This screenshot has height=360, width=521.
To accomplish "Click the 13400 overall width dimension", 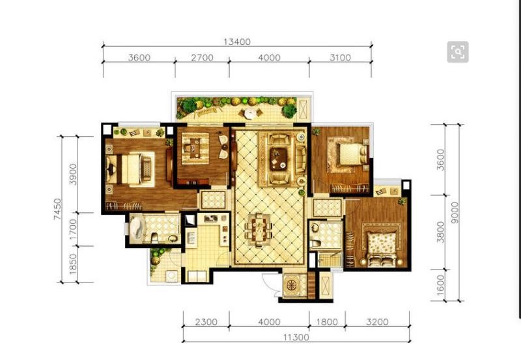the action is click(237, 42).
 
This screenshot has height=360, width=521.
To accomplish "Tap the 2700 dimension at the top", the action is click(202, 57).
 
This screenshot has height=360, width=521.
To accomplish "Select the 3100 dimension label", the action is click(340, 57).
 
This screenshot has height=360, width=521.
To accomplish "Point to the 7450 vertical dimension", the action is click(57, 209).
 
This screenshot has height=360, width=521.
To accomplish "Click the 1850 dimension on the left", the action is click(73, 264).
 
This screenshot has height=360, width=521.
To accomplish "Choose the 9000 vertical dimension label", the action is click(455, 212).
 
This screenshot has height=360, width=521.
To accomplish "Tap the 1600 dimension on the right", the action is click(440, 284).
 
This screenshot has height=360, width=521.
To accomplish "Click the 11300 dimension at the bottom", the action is click(296, 337).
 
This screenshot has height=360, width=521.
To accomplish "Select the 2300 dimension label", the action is click(206, 322).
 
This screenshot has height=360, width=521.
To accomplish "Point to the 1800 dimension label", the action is click(327, 322).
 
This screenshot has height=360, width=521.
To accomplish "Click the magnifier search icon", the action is click(458, 52).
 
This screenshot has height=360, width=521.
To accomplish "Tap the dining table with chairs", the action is click(259, 229).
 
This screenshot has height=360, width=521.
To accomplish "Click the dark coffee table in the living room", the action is click(279, 159).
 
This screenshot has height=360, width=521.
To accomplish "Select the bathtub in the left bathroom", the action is click(136, 228).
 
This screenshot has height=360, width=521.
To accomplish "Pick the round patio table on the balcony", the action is click(250, 113).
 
